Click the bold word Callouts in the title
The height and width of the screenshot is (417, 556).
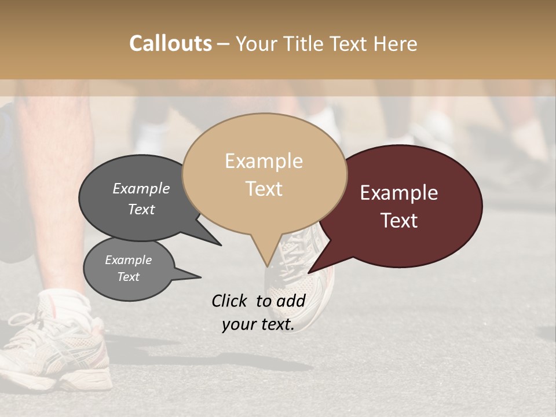(x=170, y=43)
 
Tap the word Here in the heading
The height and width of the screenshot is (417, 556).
(x=395, y=44)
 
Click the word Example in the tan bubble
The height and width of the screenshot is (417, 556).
(x=264, y=161)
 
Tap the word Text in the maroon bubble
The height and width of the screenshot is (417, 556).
(x=400, y=221)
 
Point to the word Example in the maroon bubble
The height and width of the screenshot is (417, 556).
(x=399, y=193)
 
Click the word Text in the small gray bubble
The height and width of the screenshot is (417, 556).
(x=129, y=277)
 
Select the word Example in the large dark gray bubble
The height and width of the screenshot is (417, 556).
(x=141, y=189)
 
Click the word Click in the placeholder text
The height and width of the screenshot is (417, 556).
(x=230, y=301)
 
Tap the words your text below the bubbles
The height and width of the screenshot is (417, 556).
(x=258, y=325)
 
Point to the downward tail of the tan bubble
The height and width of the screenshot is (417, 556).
(x=267, y=258)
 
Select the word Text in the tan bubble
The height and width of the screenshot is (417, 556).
(x=264, y=189)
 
